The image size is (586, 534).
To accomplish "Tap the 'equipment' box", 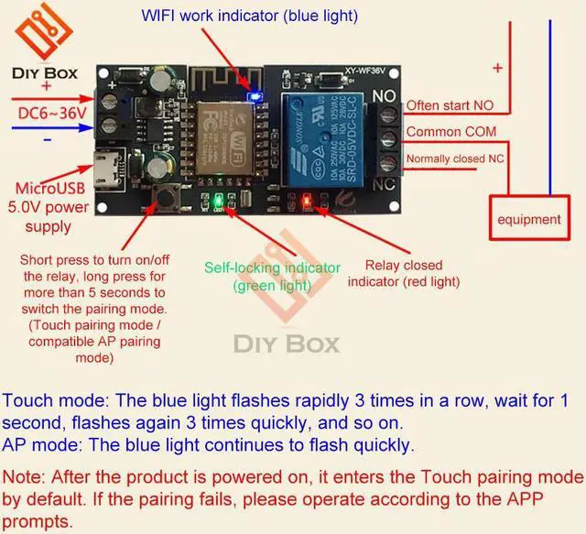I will coord(528,219).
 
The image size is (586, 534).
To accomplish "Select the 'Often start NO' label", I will coord(450,105).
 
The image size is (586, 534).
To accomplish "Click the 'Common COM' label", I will coord(450,132).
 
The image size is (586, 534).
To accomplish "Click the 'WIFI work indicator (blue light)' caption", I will coord(249,16).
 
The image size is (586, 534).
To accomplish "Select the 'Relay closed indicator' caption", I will coord(404,273).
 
